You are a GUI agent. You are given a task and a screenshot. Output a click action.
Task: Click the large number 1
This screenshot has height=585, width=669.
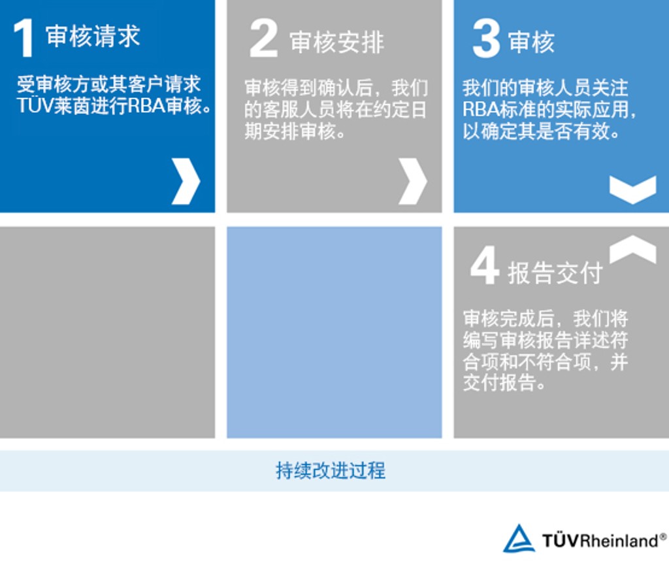(x=24, y=38)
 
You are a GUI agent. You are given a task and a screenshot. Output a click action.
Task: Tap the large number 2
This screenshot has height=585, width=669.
(x=264, y=39)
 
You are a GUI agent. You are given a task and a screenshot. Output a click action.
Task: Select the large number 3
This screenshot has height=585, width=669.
(x=486, y=39)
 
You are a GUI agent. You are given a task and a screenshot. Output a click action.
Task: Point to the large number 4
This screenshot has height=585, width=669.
(x=485, y=265)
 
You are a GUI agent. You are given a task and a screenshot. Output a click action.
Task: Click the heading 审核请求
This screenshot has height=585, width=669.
(x=93, y=36)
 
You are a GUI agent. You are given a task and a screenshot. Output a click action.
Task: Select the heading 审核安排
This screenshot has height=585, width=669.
(x=337, y=42)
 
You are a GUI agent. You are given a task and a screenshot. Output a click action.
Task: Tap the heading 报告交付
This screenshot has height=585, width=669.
(x=555, y=273)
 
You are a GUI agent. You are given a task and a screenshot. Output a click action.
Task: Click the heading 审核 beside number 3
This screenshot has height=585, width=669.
(x=532, y=42)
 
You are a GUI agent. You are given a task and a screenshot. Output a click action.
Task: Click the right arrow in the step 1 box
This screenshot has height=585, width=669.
(x=186, y=181)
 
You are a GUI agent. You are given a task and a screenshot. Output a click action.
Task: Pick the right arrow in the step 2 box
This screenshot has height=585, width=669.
(x=413, y=181)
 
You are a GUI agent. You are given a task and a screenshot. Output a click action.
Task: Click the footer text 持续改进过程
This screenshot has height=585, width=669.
(x=331, y=471)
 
